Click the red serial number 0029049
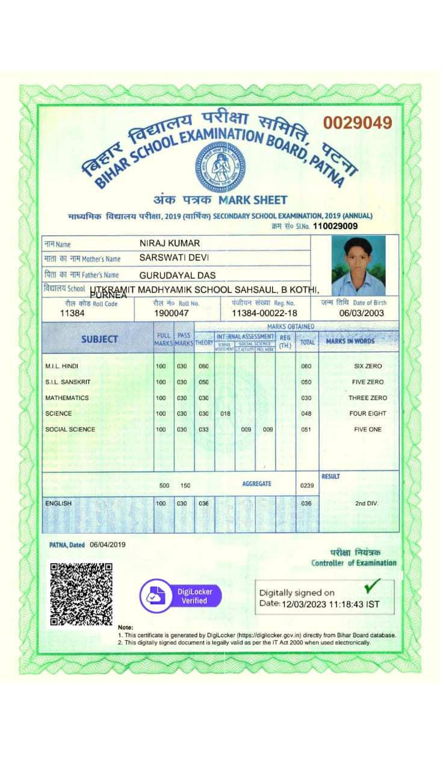[358, 123]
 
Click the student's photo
[358, 265]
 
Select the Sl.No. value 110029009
[335, 226]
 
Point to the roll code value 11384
[72, 313]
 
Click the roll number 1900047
[172, 313]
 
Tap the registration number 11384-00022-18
[264, 313]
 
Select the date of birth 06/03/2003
[361, 313]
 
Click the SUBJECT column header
[99, 339]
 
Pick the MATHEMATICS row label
[67, 398]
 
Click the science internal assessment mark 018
[225, 414]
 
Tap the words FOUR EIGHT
[367, 414]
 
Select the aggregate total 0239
[307, 485]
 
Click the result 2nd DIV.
[367, 503]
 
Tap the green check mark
[373, 585]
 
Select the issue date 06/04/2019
[108, 545]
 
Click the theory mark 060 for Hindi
[203, 366]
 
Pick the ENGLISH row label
[58, 503]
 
